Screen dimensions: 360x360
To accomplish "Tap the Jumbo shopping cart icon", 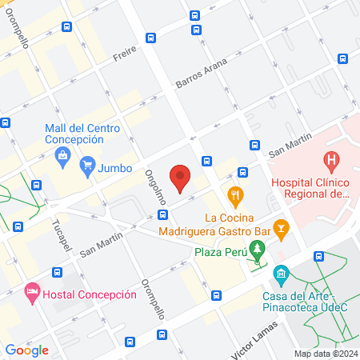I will click(88, 168).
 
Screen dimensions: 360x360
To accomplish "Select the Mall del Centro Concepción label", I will click(83, 133).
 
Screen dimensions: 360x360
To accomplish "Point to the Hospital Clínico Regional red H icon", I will click(333, 162).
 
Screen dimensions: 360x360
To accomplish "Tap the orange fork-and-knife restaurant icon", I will click(235, 194).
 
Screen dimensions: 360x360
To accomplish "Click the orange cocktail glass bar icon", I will click(281, 228).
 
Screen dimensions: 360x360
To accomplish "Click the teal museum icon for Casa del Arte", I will click(281, 274).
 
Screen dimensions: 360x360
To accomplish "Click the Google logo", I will click(27, 350).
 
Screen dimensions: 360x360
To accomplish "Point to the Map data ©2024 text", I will click(325, 354).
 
